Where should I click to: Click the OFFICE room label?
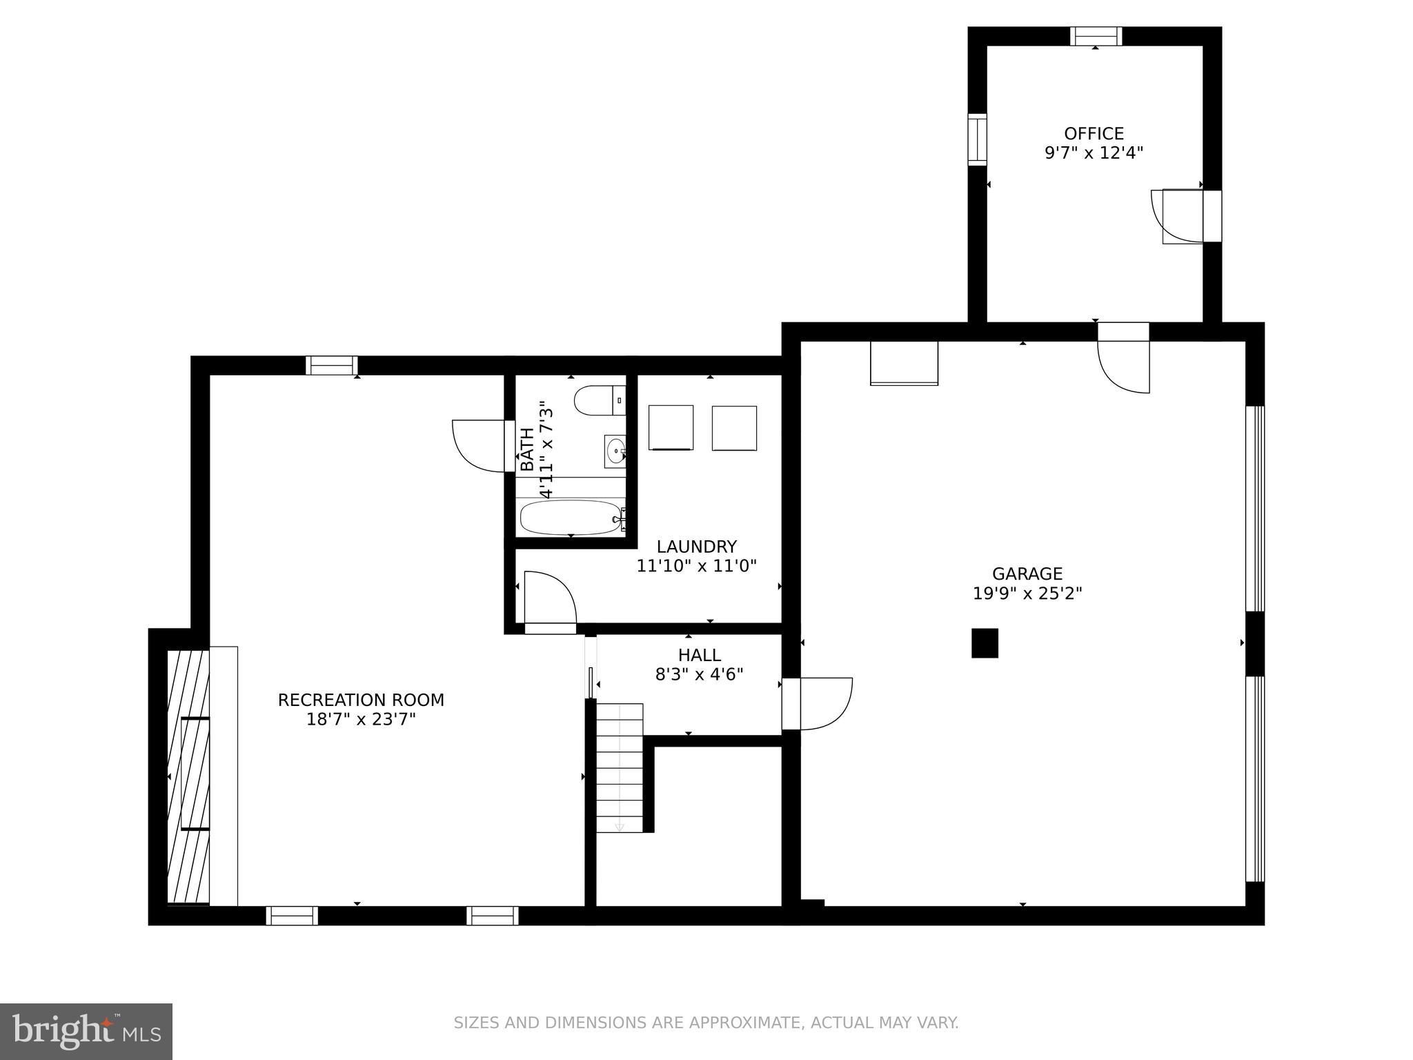[x=1094, y=133]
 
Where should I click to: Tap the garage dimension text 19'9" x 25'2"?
[x=1027, y=593]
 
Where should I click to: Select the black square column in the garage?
[x=985, y=642]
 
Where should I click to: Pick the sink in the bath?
[x=615, y=451]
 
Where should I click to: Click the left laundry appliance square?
[x=671, y=427]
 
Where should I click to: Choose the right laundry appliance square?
[x=734, y=428]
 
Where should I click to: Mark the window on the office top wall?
[x=1096, y=36]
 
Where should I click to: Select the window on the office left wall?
[x=977, y=140]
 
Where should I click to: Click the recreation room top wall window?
[x=332, y=365]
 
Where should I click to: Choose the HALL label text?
[x=699, y=655]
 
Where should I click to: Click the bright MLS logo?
[x=86, y=1031]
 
